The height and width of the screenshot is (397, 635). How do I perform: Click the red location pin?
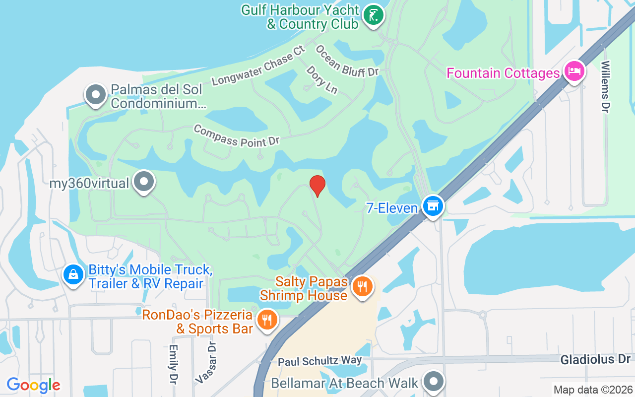[x=317, y=186]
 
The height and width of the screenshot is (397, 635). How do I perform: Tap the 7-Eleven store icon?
[x=433, y=205]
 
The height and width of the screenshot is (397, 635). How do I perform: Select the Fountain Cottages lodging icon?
[x=574, y=71]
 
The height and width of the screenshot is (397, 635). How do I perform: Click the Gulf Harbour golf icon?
[x=373, y=15]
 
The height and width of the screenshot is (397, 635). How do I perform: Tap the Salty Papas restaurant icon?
[x=363, y=286]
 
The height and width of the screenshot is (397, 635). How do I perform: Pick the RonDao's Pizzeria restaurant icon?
[x=267, y=320]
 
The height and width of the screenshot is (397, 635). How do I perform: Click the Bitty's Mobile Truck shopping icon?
[x=73, y=274]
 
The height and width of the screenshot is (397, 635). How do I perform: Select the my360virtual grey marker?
[x=144, y=182]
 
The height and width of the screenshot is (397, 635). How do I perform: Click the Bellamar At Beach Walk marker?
[x=434, y=382]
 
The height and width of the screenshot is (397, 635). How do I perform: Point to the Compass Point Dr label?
[x=236, y=135]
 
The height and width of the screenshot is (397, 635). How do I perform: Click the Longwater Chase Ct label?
[x=258, y=66]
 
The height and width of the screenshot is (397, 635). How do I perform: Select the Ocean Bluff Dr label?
[x=347, y=61]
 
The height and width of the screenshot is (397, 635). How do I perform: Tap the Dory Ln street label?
[x=321, y=79]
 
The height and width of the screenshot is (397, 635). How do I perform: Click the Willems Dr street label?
[x=604, y=86]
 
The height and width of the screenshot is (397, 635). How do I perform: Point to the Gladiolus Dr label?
[x=595, y=359]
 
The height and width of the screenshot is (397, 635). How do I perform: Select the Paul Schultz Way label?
[x=319, y=360]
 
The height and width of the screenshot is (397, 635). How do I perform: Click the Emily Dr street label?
[x=173, y=365]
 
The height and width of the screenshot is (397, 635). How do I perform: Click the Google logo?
[x=34, y=385]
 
